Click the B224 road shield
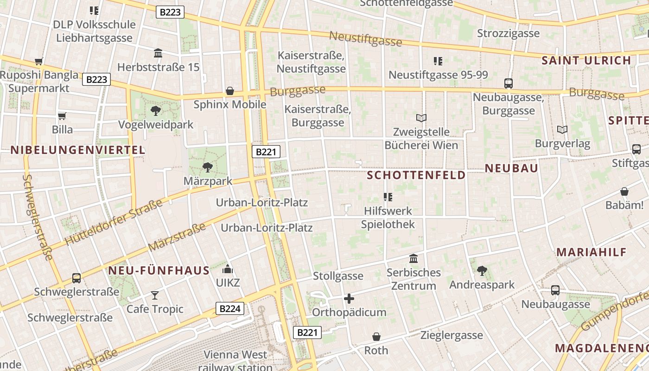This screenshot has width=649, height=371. coord(230,308)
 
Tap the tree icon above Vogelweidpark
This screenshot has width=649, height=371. coord(156,110)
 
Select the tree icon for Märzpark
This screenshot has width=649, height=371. coord(208,167)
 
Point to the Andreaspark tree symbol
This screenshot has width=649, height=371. coord(482,270)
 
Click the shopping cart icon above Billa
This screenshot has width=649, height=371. coord(62,116)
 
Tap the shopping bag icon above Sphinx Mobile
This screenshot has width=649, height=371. coord(229,91)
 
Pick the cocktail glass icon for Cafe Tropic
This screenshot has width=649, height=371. coord(155,295)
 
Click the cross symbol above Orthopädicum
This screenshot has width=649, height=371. coord(349,299)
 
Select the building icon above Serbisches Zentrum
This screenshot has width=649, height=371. coord(413,258)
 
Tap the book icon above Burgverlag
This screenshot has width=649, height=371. coord(562,129)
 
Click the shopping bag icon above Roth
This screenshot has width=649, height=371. coord(376,336)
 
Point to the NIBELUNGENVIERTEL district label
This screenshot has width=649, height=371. coord(78,150)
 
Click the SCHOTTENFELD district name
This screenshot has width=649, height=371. coord(416,175)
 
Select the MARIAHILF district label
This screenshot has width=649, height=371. coord(592,252)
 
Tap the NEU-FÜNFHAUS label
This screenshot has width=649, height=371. coord(159,271)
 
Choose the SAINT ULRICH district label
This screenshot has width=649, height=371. coord(586,60)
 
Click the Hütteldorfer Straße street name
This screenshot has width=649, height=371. coord(114,222)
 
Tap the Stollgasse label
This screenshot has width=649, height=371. coord(338,276)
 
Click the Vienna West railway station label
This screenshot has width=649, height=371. coord(235,361)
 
